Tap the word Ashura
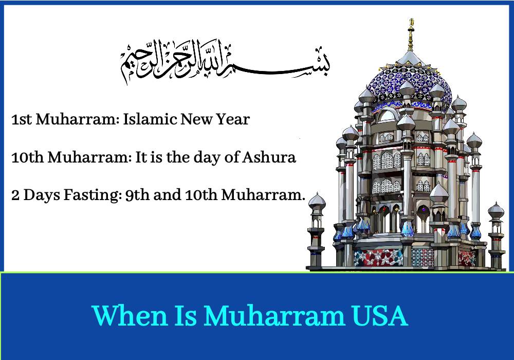coord(269,157)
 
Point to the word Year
coord(233,119)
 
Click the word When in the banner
coord(130,315)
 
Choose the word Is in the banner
coord(186,315)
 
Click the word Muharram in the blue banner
coord(274,315)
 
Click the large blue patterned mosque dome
coord(410,82)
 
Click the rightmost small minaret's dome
coord(495,210)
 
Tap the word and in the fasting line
coord(167,195)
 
